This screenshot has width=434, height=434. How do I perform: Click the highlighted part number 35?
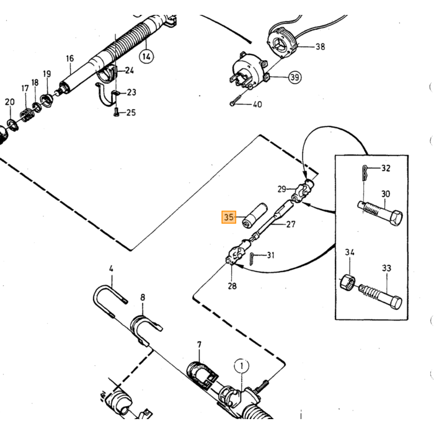pos(229,217)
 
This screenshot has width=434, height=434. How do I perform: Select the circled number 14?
pos(146,57)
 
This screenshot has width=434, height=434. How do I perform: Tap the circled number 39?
pos(294,77)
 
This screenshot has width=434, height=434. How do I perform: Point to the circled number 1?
pos(242,366)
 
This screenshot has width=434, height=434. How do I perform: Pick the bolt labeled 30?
pos(379,213)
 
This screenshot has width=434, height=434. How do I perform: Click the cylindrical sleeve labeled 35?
pos(254,215)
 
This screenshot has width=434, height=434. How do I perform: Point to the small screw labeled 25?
pos(117,112)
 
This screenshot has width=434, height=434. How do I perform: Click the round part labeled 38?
pos(281,44)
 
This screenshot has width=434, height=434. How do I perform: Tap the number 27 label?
pos(291,224)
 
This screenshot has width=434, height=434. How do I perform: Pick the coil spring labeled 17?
pos(27,115)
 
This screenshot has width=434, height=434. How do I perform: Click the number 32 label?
pos(386,168)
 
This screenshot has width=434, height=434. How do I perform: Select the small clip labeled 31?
pos(252,259)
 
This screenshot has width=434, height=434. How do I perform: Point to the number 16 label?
pos(70,58)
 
